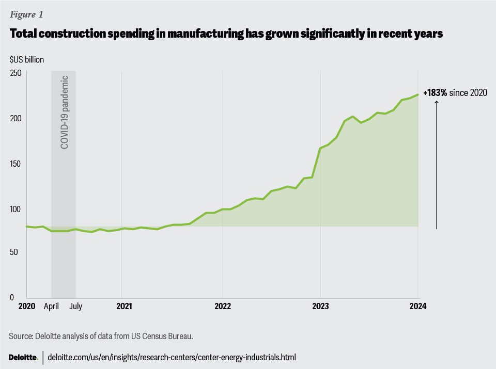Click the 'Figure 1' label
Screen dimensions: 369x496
coord(26,14)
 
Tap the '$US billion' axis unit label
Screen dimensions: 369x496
coord(26,59)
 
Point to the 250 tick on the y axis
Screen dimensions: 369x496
coord(16,73)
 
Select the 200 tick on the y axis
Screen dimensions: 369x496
coord(16,118)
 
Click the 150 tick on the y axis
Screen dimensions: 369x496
coord(16,164)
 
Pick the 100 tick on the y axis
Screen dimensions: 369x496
coord(16,208)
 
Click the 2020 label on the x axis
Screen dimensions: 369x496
coord(26,306)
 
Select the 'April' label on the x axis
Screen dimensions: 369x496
coord(52,307)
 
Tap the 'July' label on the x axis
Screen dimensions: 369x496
coord(75,306)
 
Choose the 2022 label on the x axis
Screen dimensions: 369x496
coord(222,306)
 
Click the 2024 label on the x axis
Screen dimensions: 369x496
coord(417,306)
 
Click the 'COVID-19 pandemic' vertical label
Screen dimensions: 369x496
coord(65,112)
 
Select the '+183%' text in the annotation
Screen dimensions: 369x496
coord(435,93)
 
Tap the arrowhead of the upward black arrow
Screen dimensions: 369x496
coord(437,103)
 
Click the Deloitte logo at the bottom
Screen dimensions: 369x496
coord(23,357)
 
